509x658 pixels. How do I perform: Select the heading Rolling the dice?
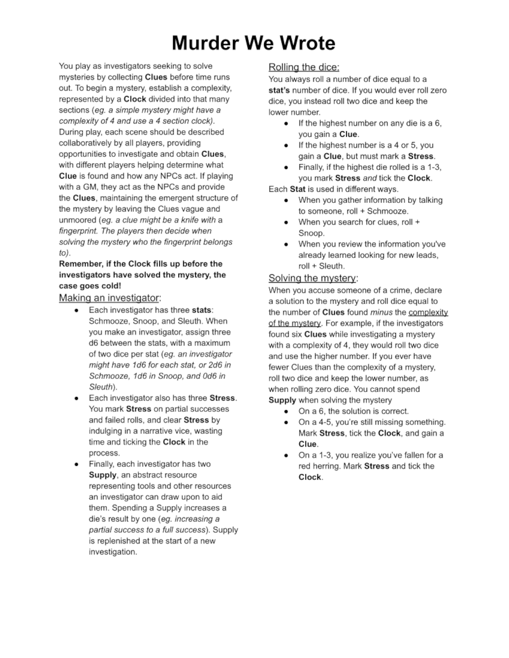(304, 67)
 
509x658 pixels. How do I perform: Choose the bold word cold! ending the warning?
(111, 286)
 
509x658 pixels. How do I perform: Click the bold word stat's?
(279, 90)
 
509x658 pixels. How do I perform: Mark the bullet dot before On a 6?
(286, 411)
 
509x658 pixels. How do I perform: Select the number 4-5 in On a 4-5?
(332, 422)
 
